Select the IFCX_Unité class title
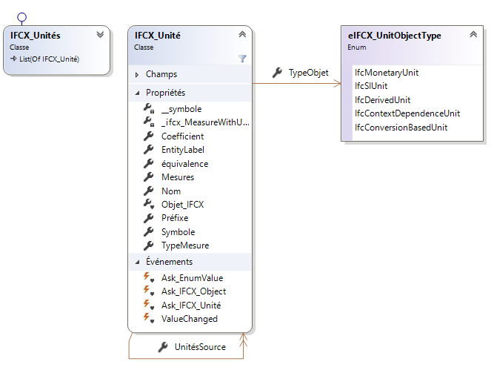(157, 35)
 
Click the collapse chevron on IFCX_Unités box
(100, 35)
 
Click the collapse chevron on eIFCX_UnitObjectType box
(473, 35)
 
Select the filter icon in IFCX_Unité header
(241, 58)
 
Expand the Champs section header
(161, 74)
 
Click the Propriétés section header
(165, 93)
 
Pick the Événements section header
(169, 262)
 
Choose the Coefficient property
(182, 136)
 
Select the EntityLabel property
(182, 150)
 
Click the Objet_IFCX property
(182, 204)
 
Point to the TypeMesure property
(184, 245)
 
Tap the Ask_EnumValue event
(192, 278)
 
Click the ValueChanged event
(189, 319)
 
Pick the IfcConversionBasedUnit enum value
(401, 128)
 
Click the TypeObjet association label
(308, 73)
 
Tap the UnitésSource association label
(200, 347)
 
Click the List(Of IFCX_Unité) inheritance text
(49, 59)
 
